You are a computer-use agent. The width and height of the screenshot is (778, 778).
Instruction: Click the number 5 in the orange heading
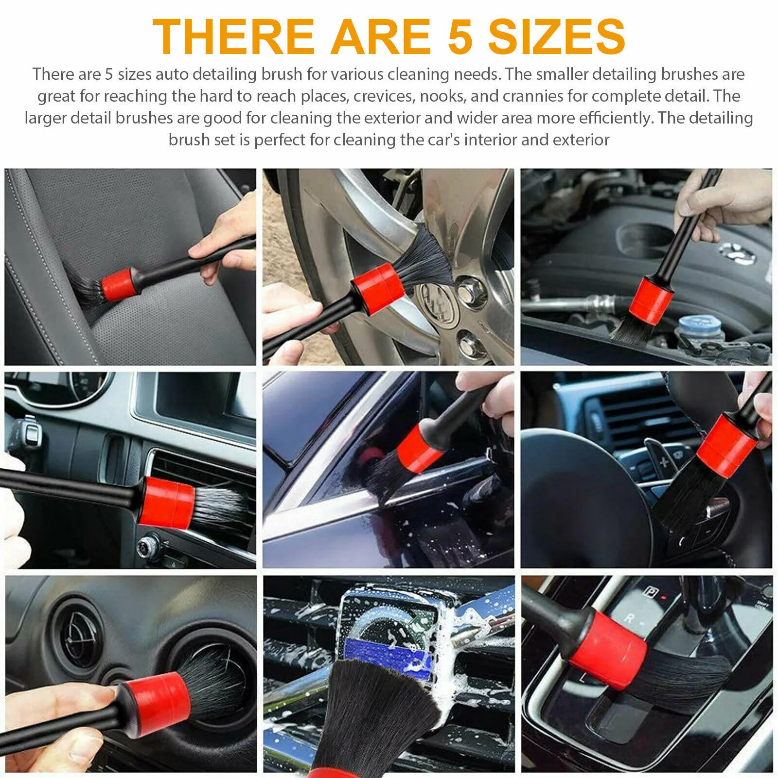pyautogui.click(x=460, y=37)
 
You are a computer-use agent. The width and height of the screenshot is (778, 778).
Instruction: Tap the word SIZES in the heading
pyautogui.click(x=556, y=37)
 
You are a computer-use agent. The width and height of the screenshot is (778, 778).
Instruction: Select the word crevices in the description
pyautogui.click(x=382, y=96)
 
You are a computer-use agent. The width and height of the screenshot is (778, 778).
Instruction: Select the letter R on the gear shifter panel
pyautogui.click(x=629, y=619)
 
